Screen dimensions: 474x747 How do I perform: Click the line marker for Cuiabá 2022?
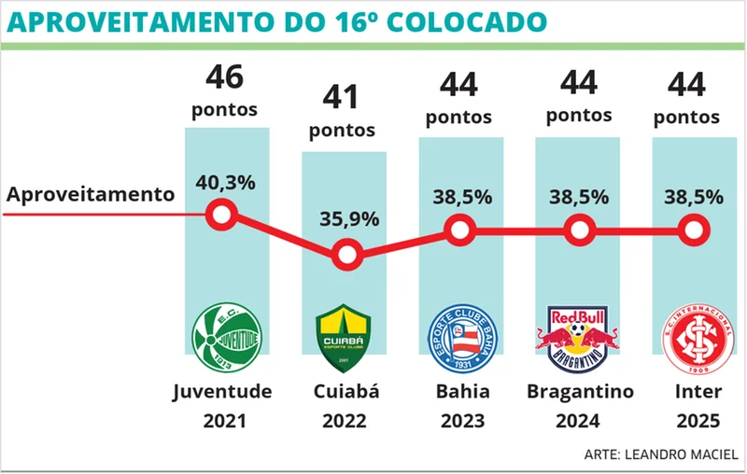(x=346, y=253)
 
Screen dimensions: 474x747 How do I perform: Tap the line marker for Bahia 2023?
(x=459, y=229)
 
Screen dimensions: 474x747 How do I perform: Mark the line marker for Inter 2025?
(x=693, y=229)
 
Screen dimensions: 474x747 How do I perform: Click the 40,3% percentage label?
(x=225, y=183)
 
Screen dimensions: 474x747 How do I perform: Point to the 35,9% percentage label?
(x=349, y=219)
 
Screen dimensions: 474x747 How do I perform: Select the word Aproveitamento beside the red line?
(x=91, y=194)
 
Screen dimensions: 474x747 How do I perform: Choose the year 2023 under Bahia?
(x=460, y=421)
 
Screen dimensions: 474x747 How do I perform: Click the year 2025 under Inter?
(x=697, y=421)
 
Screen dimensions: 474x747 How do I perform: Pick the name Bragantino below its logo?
(x=580, y=390)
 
